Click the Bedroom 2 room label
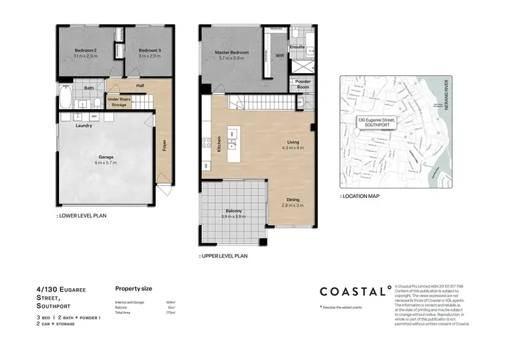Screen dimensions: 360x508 pyautogui.click(x=85, y=51)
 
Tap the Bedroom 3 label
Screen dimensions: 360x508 pyautogui.click(x=150, y=51)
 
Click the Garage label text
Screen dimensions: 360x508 pyautogui.click(x=106, y=157)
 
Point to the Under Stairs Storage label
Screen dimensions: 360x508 pyautogui.click(x=119, y=102)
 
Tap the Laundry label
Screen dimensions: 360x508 pyautogui.click(x=84, y=125)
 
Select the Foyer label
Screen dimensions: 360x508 pyautogui.click(x=164, y=146)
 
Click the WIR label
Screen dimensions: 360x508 pyautogui.click(x=280, y=56)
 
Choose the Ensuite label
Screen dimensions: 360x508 pyautogui.click(x=297, y=47)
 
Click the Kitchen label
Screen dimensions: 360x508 pyautogui.click(x=219, y=143)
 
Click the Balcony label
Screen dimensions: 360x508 pyautogui.click(x=234, y=211)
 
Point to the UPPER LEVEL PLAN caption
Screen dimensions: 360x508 pyautogui.click(x=223, y=256)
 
